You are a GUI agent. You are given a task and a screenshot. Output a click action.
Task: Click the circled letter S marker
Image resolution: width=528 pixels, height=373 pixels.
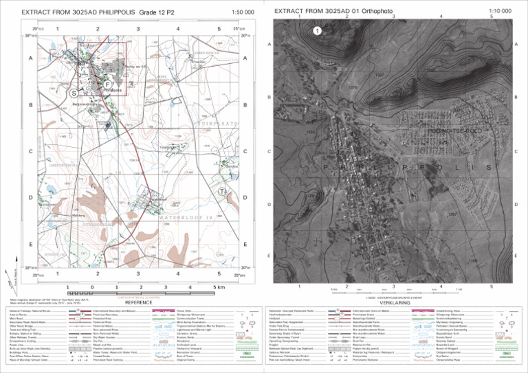point(73,92)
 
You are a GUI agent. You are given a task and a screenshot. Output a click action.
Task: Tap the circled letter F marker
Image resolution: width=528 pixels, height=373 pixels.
point(107,84)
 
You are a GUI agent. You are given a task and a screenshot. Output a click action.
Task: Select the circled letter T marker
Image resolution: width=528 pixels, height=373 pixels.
point(222,192)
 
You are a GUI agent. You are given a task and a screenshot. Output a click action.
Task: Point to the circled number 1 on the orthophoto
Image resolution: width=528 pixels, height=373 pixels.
point(316,30)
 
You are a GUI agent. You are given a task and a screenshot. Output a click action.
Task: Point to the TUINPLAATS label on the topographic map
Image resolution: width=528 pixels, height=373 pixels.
point(219,123)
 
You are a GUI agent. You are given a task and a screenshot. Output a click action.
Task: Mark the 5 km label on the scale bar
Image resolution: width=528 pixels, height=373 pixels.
point(218,287)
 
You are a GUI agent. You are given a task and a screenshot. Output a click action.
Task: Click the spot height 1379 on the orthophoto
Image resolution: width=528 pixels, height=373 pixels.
point(353,88)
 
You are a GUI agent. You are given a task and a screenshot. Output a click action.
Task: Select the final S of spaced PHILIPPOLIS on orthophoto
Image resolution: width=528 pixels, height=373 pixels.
point(489,168)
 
